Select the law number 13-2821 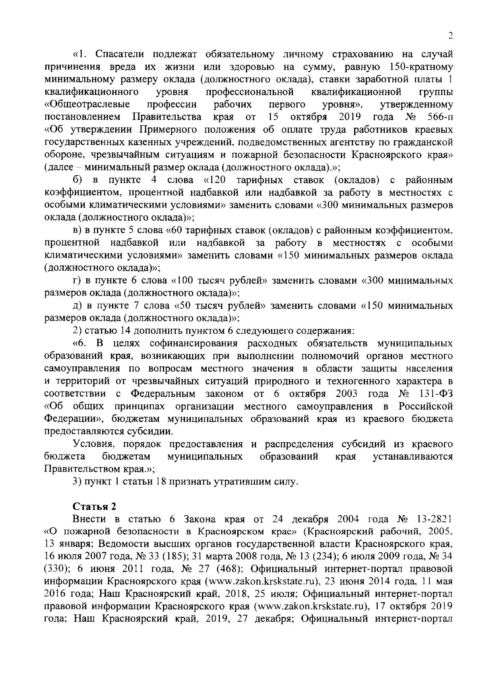click(x=433, y=519)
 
